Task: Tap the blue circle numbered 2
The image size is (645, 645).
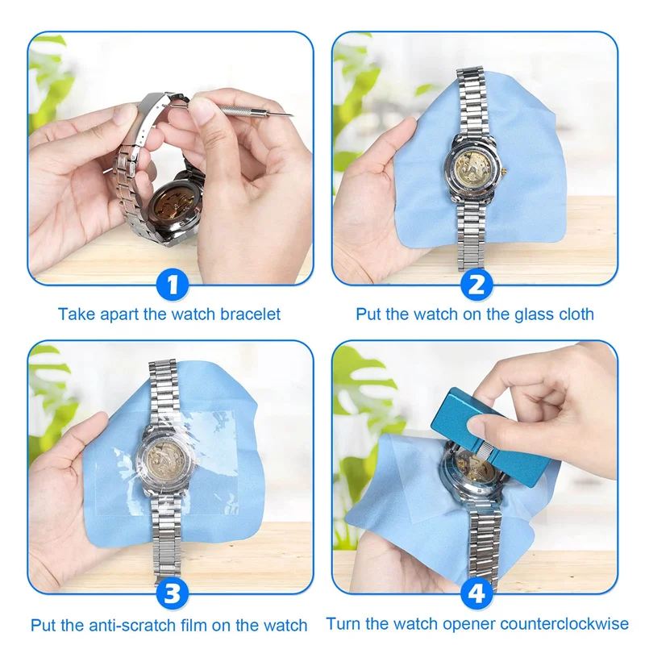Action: pos(476,285)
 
